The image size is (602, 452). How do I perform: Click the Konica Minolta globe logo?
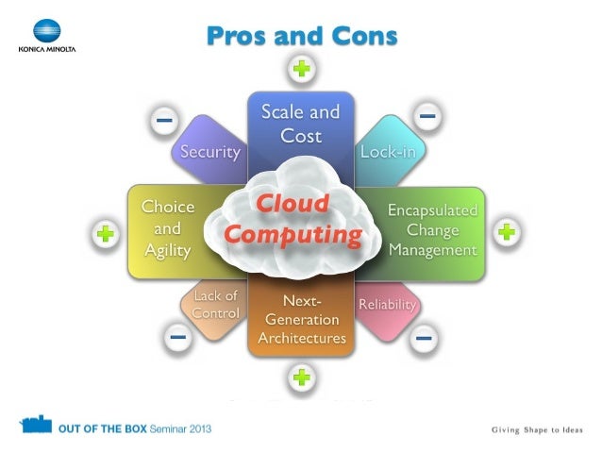click(44, 30)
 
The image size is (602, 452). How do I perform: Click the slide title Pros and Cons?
click(301, 36)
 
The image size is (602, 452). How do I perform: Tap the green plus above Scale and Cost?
click(301, 69)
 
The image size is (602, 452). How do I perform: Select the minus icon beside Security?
click(164, 120)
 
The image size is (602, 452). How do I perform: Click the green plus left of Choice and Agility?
click(106, 234)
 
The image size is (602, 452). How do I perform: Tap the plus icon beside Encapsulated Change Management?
click(507, 231)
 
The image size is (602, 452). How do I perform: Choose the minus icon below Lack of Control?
click(176, 335)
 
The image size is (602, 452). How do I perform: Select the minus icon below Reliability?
click(425, 335)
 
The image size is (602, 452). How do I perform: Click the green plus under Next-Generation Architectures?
click(301, 378)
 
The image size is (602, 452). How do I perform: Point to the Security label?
click(210, 151)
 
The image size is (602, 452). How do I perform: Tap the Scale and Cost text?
click(301, 124)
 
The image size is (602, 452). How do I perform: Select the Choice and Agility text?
click(168, 228)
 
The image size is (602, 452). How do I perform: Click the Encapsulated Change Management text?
click(433, 230)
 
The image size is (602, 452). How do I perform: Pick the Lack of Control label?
click(215, 305)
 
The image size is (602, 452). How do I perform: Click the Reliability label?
click(387, 305)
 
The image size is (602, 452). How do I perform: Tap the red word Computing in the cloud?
click(294, 233)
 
